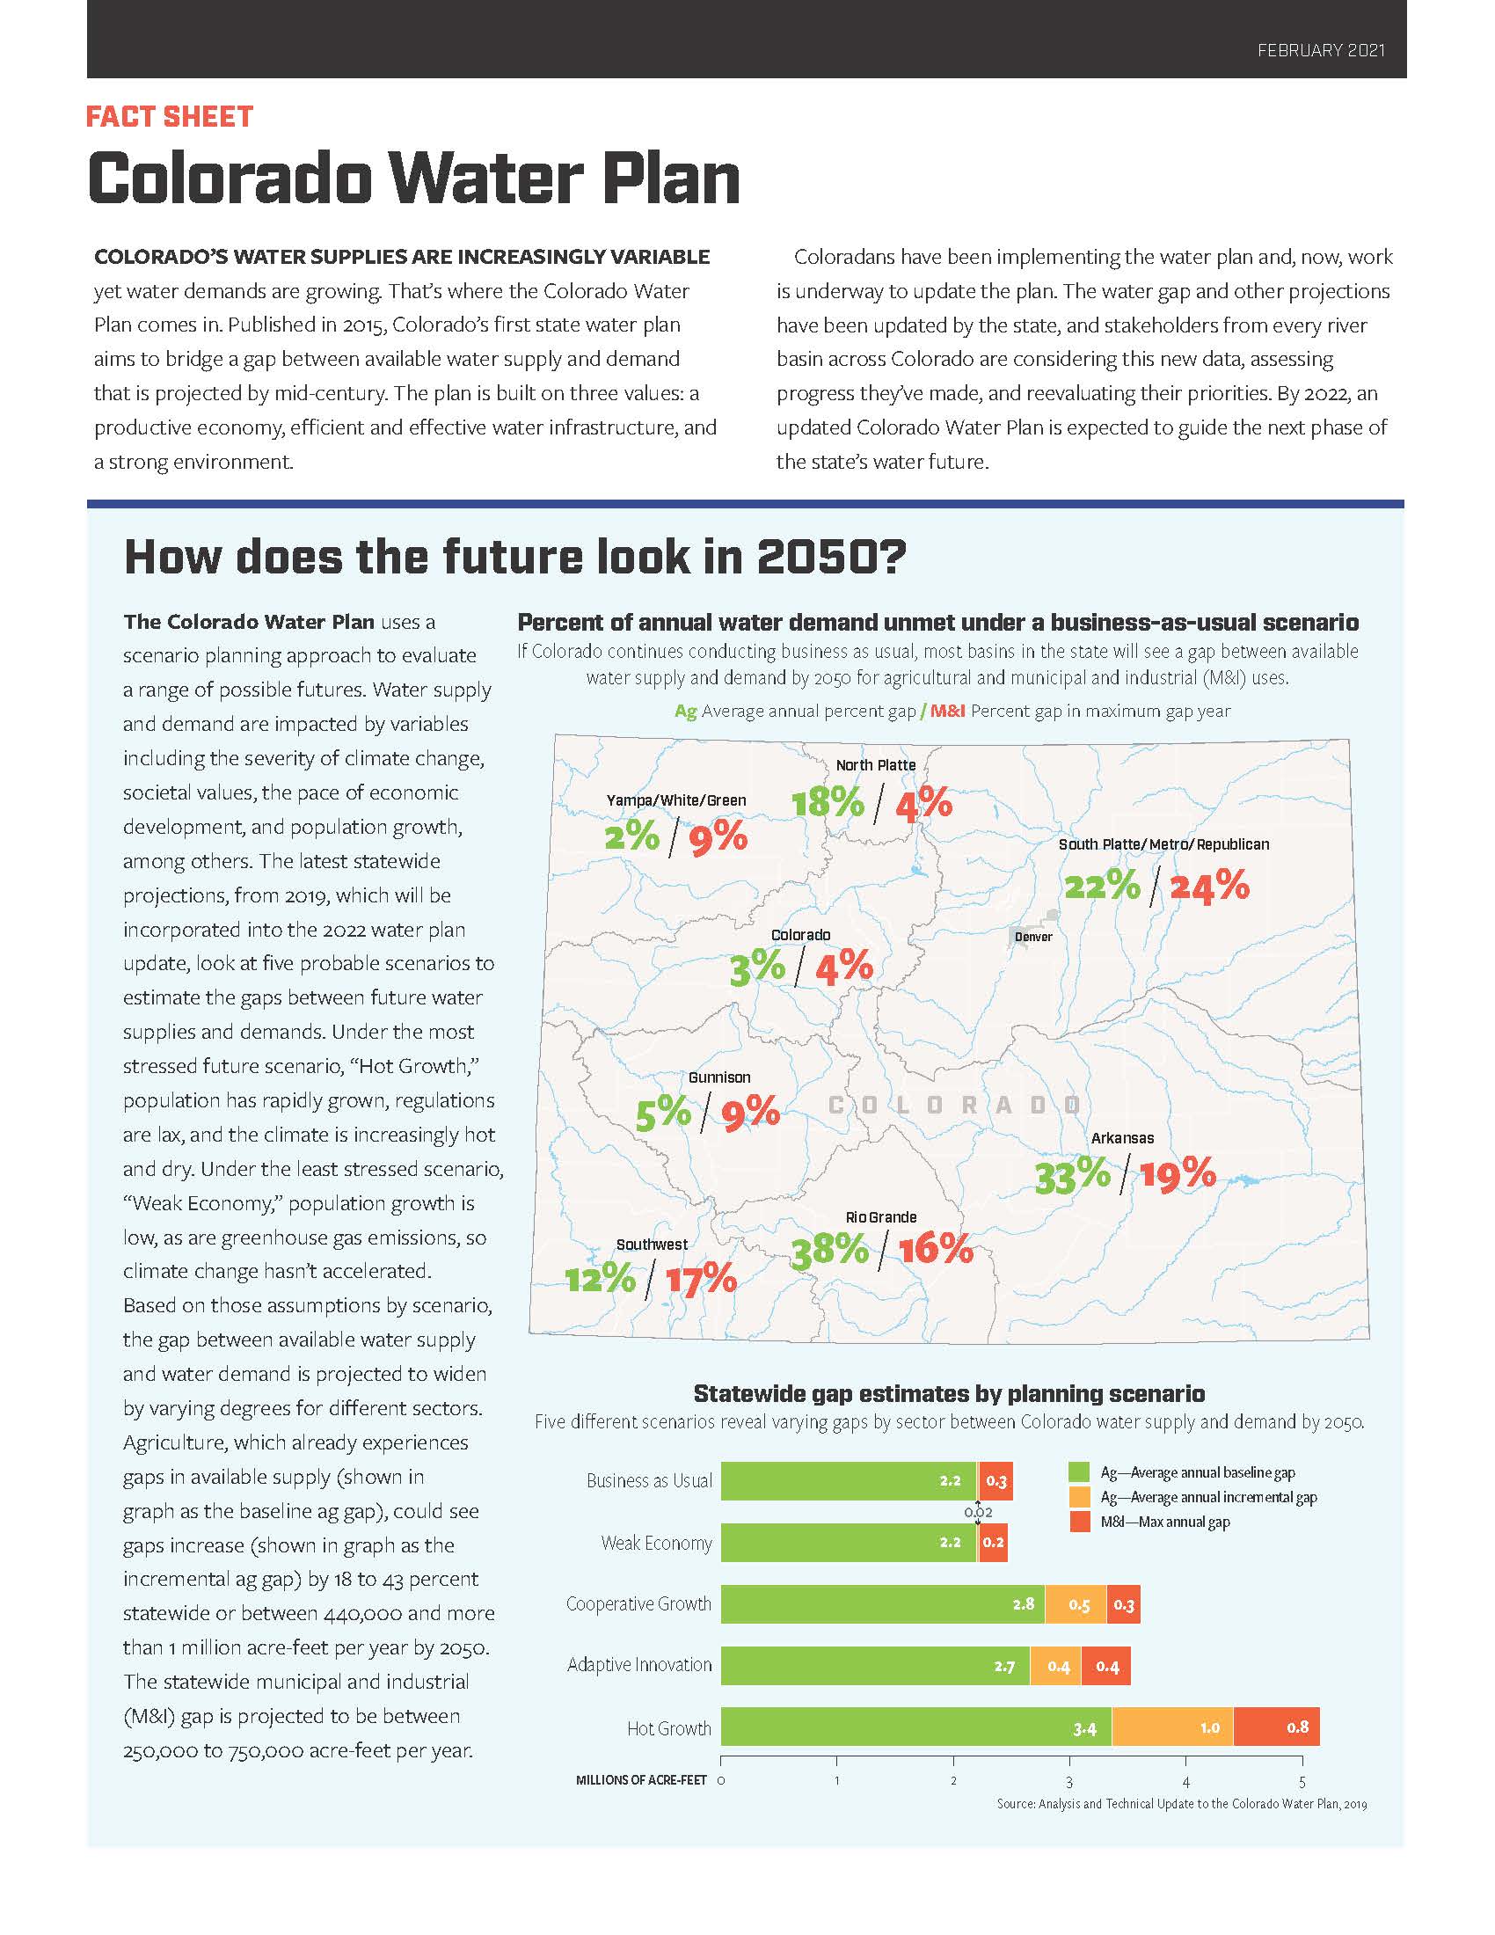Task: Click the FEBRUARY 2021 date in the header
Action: click(x=1321, y=50)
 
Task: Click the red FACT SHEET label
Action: click(x=170, y=117)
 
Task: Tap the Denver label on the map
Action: click(x=1032, y=937)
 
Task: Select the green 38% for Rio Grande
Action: click(x=829, y=1250)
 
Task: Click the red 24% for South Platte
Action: click(x=1209, y=886)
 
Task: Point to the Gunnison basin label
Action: click(x=719, y=1077)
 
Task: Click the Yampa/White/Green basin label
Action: click(x=675, y=800)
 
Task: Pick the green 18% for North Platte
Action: click(x=828, y=803)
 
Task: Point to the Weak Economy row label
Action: click(x=656, y=1544)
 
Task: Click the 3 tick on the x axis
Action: click(x=1069, y=1782)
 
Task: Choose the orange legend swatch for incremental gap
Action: click(x=1079, y=1497)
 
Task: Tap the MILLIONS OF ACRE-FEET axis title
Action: click(x=641, y=1780)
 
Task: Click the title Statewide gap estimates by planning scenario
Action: click(x=949, y=1394)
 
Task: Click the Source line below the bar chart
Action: click(x=1181, y=1804)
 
